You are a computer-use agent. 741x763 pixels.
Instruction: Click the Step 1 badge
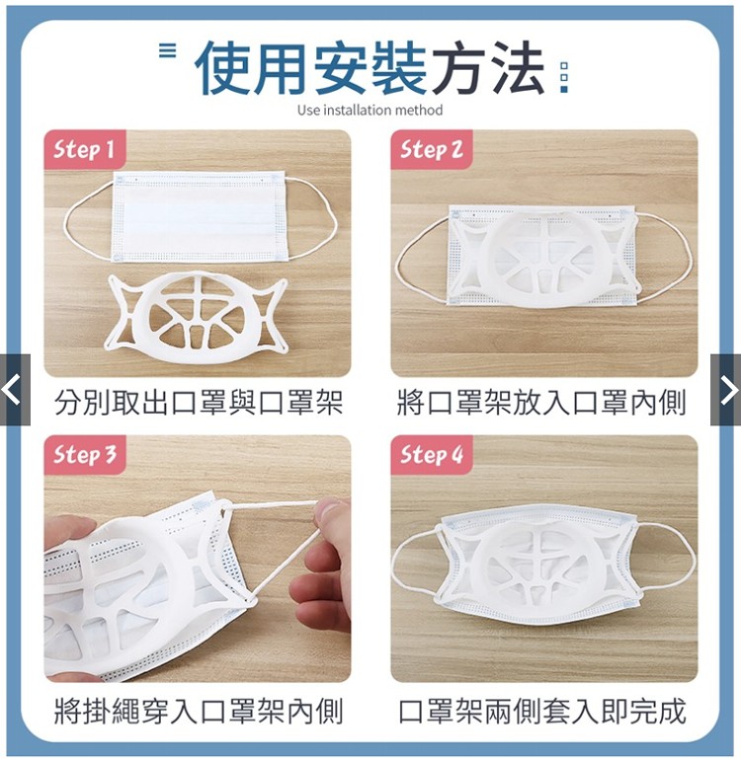click(x=85, y=149)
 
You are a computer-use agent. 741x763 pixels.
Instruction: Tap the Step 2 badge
click(x=432, y=149)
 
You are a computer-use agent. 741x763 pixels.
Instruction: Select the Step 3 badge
click(x=85, y=455)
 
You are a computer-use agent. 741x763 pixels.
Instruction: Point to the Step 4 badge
click(x=432, y=455)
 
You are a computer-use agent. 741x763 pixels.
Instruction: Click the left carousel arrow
click(x=15, y=390)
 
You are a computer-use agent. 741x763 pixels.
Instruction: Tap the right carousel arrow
click(x=726, y=390)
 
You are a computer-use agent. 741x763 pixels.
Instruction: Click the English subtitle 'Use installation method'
click(x=370, y=110)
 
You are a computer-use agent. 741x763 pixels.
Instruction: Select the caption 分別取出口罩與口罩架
click(x=199, y=403)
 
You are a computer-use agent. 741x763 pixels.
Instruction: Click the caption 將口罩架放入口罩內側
click(x=541, y=403)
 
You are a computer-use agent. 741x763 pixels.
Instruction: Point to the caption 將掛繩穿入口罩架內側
click(x=199, y=711)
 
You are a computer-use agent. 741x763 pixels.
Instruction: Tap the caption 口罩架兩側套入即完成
click(x=541, y=711)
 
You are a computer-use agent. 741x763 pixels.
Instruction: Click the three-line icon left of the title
click(x=168, y=50)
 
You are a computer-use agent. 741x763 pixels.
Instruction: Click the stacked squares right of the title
click(x=564, y=77)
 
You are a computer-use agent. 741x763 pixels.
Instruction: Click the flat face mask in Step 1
click(x=200, y=216)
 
